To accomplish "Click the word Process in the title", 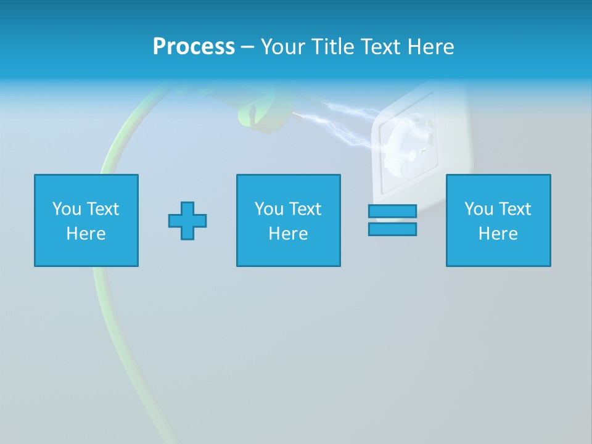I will pos(194,47).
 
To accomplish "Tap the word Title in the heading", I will pos(332,47).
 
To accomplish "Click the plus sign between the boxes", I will pos(187,221).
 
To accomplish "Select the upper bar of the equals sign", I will pos(392,212).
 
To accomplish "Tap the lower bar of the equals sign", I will pos(392,229).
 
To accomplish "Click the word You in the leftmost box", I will pos(67,209).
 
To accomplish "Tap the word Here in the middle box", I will pos(288,234).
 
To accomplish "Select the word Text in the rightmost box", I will pos(515,209).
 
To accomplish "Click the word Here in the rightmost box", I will pos(498,234).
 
